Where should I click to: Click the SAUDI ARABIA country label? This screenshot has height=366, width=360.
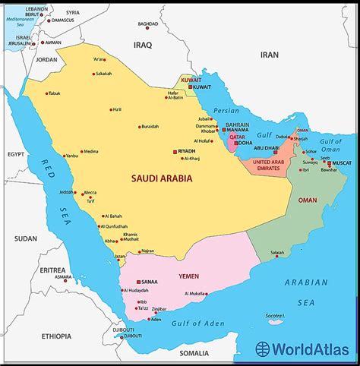(x=162, y=179)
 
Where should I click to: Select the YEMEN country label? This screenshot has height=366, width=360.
(x=189, y=276)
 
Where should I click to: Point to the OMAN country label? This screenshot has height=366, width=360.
(x=308, y=200)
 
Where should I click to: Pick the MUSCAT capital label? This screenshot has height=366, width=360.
(x=341, y=163)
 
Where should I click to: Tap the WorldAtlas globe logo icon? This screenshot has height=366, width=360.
(x=262, y=350)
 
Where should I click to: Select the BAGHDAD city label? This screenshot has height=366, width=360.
(x=148, y=24)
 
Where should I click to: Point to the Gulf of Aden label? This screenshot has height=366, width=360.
(x=201, y=325)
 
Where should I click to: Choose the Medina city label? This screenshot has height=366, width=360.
(x=91, y=151)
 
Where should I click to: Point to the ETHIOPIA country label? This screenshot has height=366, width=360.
(x=56, y=335)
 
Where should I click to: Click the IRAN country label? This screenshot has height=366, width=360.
(x=270, y=55)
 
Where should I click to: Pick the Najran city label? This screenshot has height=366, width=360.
(x=147, y=251)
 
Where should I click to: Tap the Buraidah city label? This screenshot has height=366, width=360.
(x=149, y=126)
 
